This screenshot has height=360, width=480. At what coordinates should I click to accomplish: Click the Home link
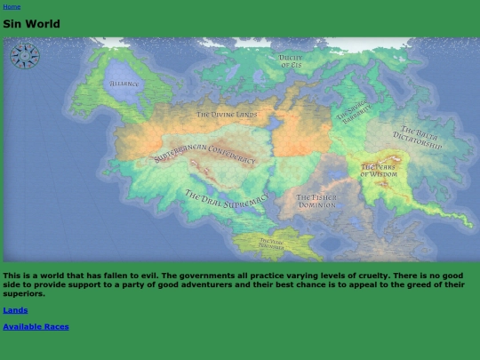click(12, 6)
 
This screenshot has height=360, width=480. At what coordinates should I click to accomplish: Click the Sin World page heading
click(31, 24)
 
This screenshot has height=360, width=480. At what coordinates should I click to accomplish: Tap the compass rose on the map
click(25, 56)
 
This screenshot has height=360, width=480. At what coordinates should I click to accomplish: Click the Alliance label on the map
click(124, 84)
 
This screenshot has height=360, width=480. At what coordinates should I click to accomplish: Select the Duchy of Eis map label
click(291, 60)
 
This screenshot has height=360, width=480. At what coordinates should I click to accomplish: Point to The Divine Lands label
click(227, 115)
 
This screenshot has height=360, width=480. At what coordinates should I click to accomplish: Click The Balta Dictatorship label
click(417, 138)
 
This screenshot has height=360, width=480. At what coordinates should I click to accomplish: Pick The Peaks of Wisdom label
click(380, 170)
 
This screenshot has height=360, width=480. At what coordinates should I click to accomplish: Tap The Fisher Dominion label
click(316, 201)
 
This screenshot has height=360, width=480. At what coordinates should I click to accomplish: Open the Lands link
click(15, 309)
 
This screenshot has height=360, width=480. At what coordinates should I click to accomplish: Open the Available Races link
click(36, 326)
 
